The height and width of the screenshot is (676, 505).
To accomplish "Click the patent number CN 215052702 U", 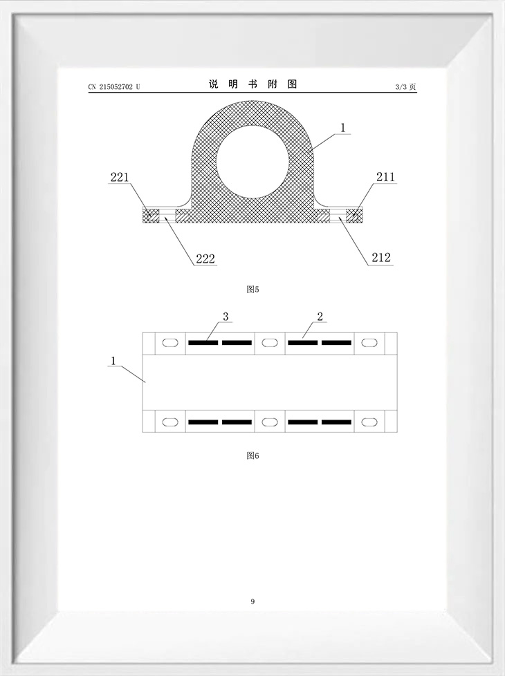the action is [x=114, y=86].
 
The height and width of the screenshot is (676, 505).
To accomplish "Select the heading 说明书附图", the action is [x=252, y=84].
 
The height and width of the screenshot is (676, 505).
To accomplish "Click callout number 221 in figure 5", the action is [x=120, y=177].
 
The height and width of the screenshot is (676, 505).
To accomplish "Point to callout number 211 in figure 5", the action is [x=385, y=176].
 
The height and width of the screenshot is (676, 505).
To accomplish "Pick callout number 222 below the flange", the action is [x=205, y=259].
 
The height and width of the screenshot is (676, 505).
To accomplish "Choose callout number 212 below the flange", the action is [x=381, y=257].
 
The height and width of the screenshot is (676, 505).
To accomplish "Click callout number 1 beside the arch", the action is [x=342, y=128].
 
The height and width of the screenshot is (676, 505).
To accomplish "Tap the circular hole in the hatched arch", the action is [x=252, y=162].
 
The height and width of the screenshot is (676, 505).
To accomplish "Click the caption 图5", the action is [x=252, y=290].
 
